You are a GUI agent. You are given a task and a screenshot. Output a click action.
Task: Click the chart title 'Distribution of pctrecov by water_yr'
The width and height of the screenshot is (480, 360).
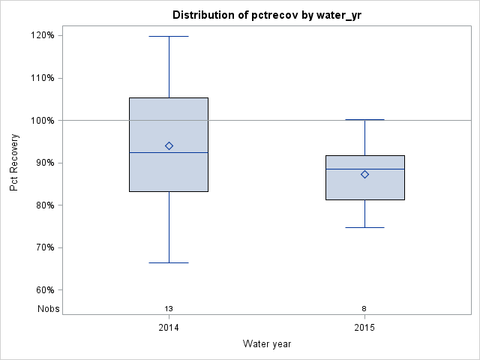coord(266,15)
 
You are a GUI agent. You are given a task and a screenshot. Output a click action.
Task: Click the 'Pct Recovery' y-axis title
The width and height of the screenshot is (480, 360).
coord(14,163)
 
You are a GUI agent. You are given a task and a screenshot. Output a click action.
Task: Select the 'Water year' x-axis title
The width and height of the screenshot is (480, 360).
coord(266,343)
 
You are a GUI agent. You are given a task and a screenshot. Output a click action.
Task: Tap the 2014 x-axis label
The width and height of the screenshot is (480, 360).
coord(169,328)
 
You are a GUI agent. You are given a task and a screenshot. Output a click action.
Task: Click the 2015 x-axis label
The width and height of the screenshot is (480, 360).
coord(364,328)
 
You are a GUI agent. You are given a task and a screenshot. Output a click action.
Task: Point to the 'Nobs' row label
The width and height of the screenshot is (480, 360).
coord(48,308)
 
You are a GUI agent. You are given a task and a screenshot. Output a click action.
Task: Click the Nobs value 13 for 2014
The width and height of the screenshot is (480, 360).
coord(169,308)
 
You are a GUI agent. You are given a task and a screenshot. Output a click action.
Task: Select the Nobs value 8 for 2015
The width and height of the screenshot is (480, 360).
coord(364,308)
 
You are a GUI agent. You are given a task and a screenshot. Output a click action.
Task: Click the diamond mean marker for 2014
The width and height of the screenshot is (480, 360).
coord(169,145)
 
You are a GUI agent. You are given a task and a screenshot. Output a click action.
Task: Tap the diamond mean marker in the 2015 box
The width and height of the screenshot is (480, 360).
coord(364,174)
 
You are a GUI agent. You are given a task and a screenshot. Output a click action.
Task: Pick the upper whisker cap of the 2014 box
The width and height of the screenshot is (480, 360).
coord(169,36)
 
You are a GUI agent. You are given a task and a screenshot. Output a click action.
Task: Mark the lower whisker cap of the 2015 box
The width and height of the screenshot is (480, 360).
coord(364,227)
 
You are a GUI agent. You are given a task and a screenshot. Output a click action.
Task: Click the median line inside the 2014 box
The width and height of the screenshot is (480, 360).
coord(169,152)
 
